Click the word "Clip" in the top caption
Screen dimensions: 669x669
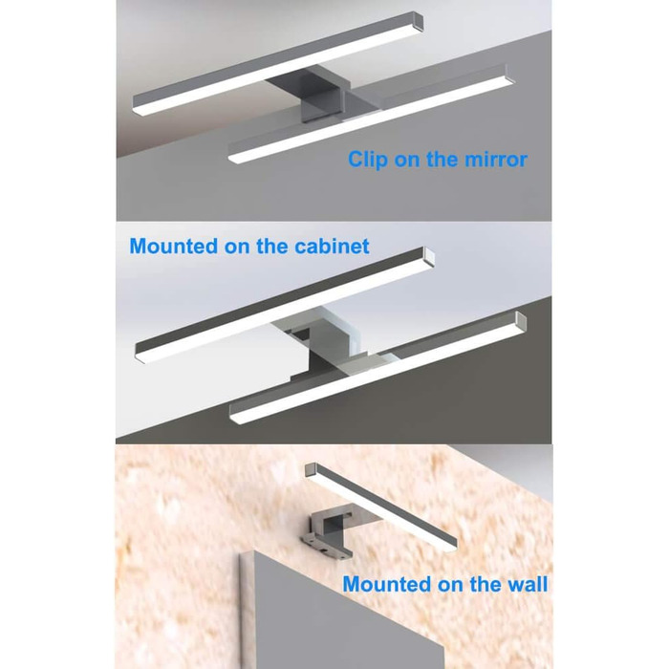(368, 160)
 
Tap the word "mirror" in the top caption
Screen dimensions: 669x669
(496, 160)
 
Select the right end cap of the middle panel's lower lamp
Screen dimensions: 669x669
(521, 321)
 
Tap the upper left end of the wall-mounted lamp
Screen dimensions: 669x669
(311, 470)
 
